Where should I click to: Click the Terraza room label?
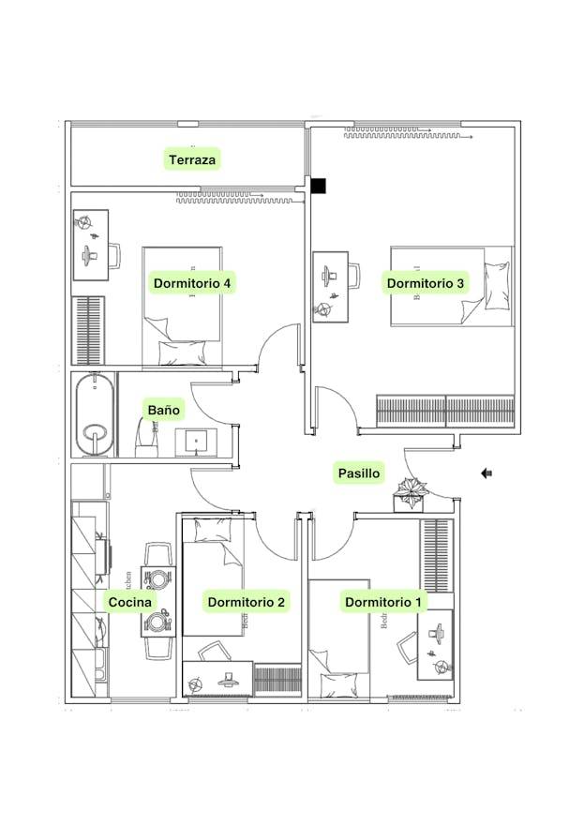[192, 159]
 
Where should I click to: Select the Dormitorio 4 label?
[192, 282]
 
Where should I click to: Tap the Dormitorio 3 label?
[427, 282]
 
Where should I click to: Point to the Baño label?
[163, 410]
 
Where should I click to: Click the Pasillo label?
[359, 473]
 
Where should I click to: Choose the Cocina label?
[130, 602]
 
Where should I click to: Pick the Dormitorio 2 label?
[246, 602]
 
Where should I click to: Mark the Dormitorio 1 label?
[383, 602]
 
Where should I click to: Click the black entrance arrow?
[487, 473]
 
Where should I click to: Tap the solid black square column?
[320, 186]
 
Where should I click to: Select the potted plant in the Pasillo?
[411, 491]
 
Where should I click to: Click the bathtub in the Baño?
[94, 414]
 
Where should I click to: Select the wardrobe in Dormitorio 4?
[87, 330]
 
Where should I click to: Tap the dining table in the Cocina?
[157, 601]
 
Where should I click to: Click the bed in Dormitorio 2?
[213, 577]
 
